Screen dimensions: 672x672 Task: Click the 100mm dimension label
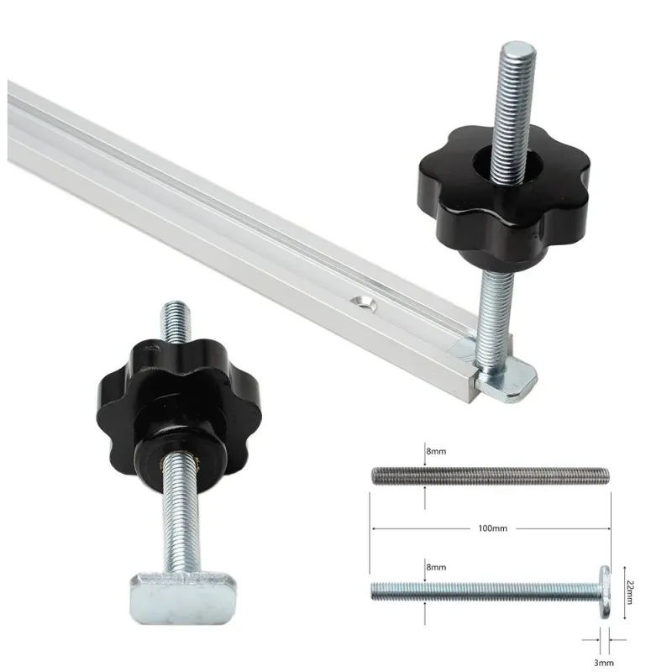492,528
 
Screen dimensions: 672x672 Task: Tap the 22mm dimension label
629,592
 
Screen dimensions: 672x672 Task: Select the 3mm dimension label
603,663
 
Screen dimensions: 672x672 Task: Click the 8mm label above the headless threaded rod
436,451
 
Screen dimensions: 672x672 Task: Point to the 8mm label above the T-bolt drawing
436,567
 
